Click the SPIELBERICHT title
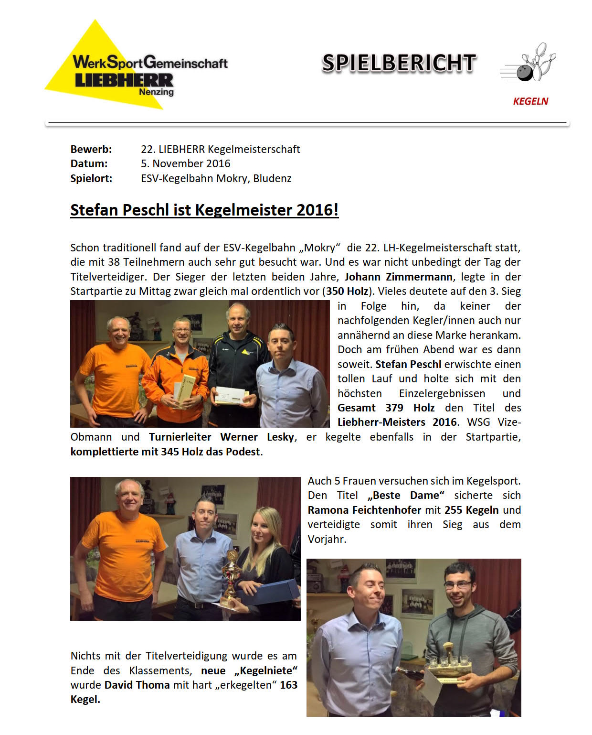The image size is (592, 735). [x=399, y=63]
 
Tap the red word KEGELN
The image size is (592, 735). [x=530, y=101]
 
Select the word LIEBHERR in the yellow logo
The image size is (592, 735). [x=124, y=80]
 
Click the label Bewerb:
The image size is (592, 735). [x=91, y=149]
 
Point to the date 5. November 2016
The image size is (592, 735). [x=185, y=163]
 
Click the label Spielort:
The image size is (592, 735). [x=91, y=178]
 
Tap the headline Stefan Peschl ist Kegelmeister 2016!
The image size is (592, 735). [x=204, y=210]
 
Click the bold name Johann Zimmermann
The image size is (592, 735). [x=399, y=277]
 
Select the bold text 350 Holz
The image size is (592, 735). [x=347, y=291]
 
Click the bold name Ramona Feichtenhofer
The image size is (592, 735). [x=364, y=510]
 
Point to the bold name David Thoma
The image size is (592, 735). [x=137, y=685]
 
